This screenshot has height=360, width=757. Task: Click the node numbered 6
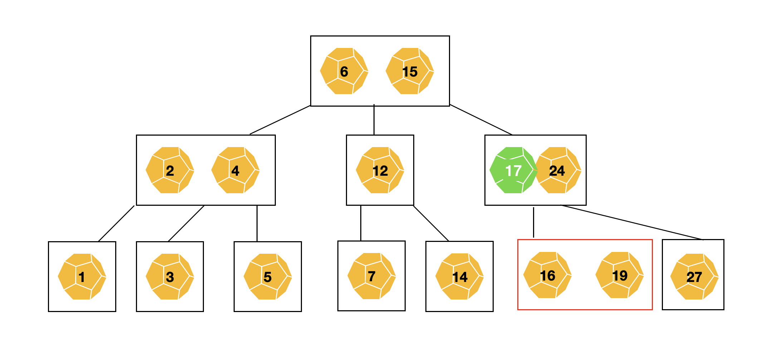coord(344,71)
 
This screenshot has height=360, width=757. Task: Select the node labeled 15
coord(410,71)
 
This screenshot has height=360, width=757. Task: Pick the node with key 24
coord(557,170)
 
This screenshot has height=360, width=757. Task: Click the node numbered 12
coord(380,170)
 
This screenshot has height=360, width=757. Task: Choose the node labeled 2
coord(170,170)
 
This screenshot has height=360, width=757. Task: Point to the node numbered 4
coord(235,170)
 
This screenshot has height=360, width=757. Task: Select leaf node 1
coord(82,277)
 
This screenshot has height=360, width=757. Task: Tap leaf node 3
coord(170,277)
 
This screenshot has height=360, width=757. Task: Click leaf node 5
coord(268,277)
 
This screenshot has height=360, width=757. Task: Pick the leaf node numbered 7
coord(371,276)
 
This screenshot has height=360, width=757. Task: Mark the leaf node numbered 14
coord(459,277)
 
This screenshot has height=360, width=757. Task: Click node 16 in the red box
coord(547,275)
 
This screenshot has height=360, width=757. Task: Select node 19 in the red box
coord(620,275)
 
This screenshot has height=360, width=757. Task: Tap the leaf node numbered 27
coord(694,277)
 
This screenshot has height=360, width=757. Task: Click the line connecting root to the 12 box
coord(374,120)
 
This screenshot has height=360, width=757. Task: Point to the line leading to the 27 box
coord(631,222)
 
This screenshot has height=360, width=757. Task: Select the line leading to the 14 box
coord(431,223)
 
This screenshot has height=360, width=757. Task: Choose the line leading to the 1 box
coord(116,223)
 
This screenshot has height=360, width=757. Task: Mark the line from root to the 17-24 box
coord(481,120)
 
